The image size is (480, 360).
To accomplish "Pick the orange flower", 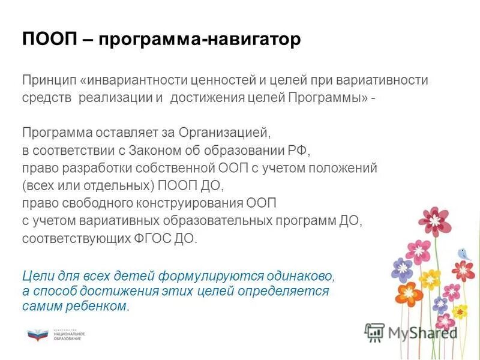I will point(410,293).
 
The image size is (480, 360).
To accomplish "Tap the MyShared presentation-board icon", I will point(374,332).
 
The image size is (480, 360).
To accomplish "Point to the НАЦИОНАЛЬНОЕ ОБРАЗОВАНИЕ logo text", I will point(69,335).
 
